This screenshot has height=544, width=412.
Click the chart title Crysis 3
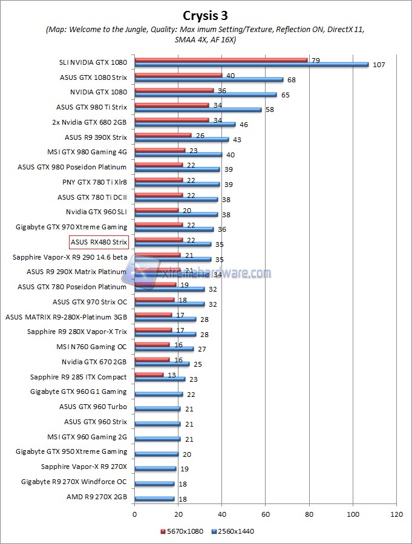[206, 14]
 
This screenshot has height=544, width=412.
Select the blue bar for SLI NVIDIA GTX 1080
[251, 64]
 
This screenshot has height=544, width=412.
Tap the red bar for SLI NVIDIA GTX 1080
[221, 60]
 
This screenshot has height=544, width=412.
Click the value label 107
[377, 64]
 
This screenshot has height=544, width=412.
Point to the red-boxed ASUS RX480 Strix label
[99, 242]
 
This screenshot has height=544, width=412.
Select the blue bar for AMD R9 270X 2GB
[154, 499]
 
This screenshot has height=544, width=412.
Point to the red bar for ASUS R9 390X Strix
[163, 135]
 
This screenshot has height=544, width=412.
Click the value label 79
[315, 60]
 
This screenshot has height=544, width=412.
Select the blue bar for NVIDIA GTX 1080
[206, 94]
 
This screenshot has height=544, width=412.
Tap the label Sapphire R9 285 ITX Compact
[78, 376]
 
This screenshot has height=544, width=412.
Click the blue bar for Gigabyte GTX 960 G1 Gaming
[159, 394]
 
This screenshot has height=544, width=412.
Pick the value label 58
[269, 109]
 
